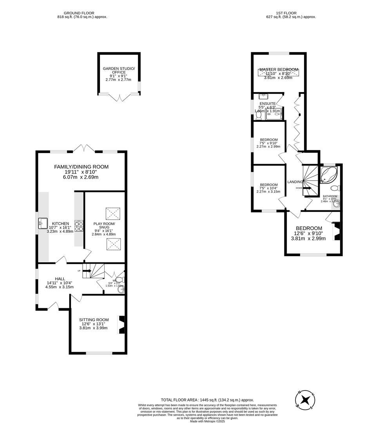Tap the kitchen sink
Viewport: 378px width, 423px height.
coord(42,224)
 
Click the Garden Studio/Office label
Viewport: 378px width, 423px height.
coord(119,70)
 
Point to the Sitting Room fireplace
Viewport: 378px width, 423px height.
coord(121,325)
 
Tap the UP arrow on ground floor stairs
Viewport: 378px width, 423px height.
coord(86,271)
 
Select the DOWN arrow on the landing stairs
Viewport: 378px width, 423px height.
coord(306,188)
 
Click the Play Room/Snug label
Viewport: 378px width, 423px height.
coord(104,226)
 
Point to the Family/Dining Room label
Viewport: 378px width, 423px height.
coord(81,167)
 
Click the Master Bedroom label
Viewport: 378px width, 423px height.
coord(278,69)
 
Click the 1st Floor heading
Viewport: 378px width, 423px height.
coord(280,13)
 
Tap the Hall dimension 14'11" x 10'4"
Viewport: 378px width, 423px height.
coord(60,283)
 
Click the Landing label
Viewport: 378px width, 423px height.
coord(295,182)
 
